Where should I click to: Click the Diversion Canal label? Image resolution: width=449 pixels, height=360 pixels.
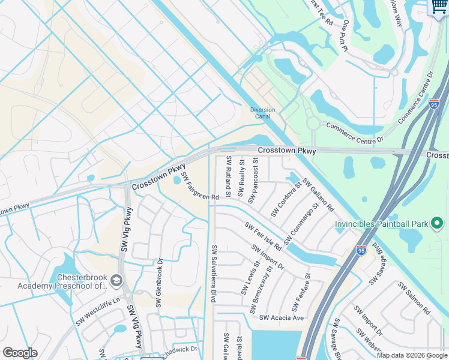tap(262, 113)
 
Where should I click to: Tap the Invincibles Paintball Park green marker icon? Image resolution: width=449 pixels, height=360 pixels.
tap(437, 224)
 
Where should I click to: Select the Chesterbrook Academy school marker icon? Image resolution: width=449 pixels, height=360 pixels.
tap(116, 280)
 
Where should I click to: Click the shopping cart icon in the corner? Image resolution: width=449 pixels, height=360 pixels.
tap(439, 7)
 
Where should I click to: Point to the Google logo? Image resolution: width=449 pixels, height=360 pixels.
tap(20, 353)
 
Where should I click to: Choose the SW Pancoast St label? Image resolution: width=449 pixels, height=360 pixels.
tap(255, 180)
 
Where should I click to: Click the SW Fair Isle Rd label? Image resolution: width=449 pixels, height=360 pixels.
tap(263, 236)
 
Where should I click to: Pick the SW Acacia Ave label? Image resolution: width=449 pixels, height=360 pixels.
tap(281, 317)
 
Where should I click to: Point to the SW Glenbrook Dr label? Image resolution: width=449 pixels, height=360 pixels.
tap(160, 283)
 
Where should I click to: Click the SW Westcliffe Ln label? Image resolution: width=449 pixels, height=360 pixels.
tap(98, 311)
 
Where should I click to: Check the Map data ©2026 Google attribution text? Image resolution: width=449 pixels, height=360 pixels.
tap(411, 355)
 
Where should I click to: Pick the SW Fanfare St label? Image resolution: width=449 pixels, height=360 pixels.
tap(301, 293)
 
